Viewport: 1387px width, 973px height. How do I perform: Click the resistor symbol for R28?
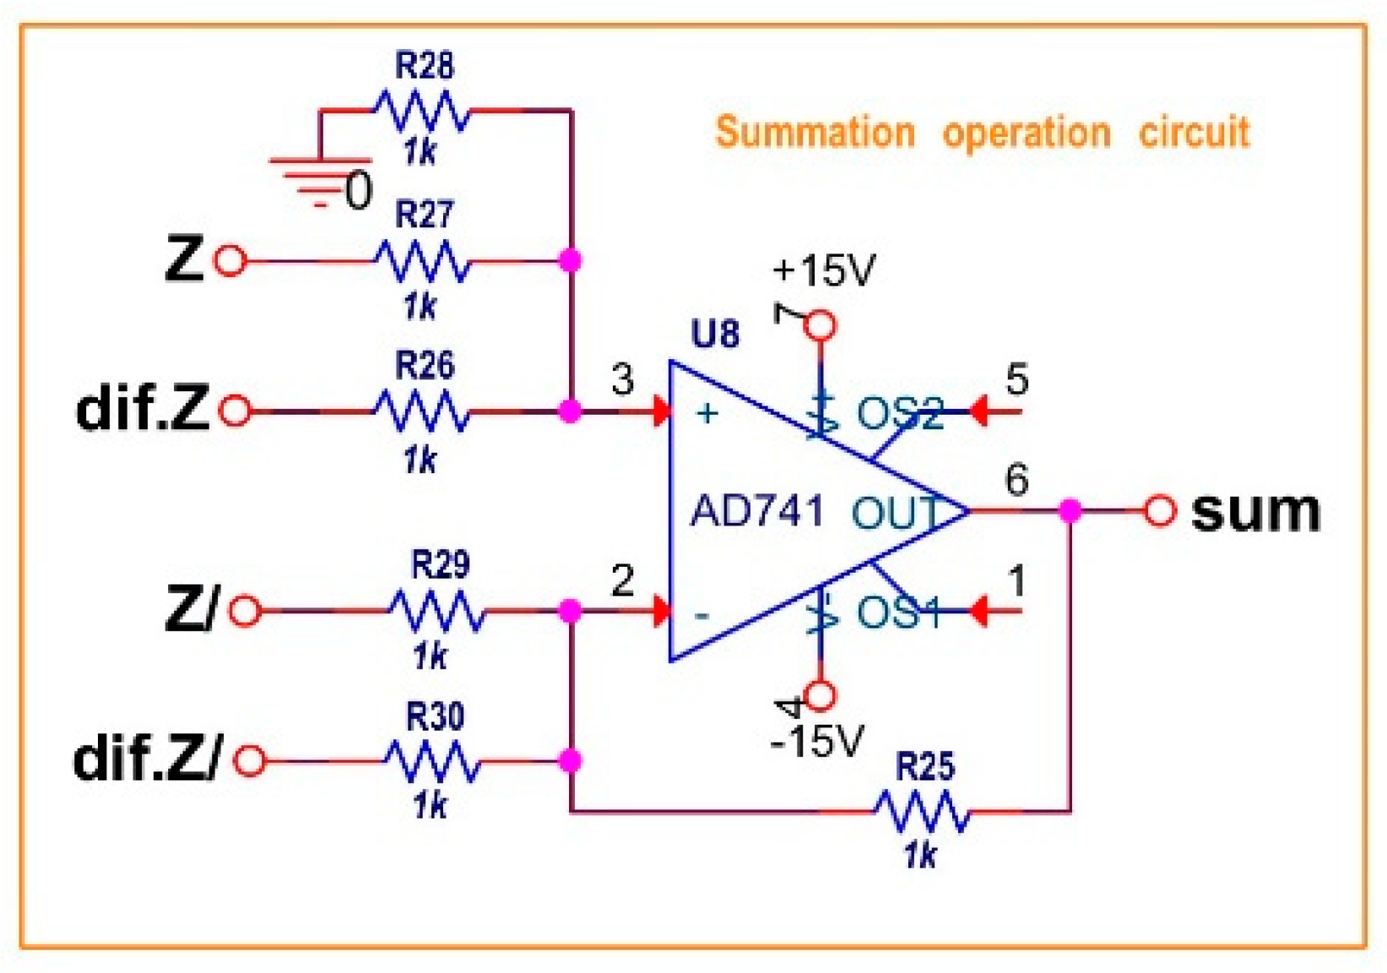pos(420,111)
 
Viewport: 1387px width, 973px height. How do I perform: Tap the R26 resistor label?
pos(424,366)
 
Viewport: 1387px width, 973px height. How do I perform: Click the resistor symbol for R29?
pos(436,611)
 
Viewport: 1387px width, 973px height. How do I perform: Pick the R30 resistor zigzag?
pos(433,761)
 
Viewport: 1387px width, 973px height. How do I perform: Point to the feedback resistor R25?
pos(921,812)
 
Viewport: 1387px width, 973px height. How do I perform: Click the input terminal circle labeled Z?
pos(230,260)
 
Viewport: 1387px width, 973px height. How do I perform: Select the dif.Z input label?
pos(142,410)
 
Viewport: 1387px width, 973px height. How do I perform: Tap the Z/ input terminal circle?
pos(245,611)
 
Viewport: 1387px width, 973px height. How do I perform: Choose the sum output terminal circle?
pos(1160,510)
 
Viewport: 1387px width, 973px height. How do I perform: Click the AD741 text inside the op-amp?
pos(756,512)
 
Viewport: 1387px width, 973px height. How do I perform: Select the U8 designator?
pos(714,334)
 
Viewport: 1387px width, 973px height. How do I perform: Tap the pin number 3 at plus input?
pos(622,379)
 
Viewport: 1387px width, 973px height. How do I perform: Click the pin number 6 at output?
pos(1016,480)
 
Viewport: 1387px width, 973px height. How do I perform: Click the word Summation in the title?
pos(815,133)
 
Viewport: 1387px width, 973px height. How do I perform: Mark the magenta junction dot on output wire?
pos(1070,510)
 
